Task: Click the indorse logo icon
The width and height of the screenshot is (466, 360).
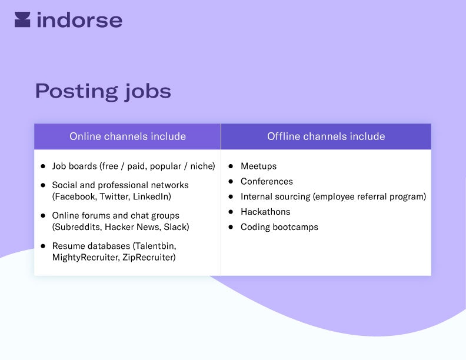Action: click(22, 19)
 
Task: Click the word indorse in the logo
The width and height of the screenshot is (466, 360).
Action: click(79, 20)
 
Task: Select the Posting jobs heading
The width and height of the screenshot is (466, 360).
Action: click(103, 91)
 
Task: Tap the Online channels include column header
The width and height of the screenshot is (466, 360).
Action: click(128, 136)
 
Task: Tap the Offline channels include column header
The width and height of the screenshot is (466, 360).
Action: click(326, 136)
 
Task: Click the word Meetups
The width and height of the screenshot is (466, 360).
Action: click(258, 166)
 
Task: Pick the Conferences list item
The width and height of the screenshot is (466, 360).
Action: click(267, 182)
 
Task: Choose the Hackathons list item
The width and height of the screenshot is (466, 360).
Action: click(265, 212)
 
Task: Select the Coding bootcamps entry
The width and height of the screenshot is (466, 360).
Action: click(279, 227)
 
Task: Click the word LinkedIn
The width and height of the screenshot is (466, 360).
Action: click(151, 196)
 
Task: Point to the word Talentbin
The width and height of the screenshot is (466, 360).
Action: click(155, 246)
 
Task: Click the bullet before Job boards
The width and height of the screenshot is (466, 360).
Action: click(43, 166)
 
